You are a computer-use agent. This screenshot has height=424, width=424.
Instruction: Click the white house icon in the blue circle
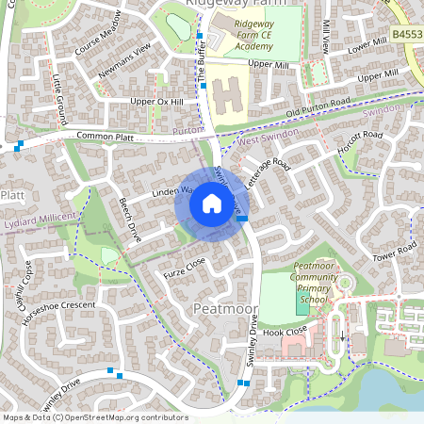click(211, 204)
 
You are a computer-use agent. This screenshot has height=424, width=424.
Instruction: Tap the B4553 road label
click(406, 34)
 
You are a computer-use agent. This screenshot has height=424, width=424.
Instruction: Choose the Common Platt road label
click(106, 138)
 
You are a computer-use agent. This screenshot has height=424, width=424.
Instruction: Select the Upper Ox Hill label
click(155, 101)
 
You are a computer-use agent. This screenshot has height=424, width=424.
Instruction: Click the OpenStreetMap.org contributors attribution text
click(126, 416)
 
